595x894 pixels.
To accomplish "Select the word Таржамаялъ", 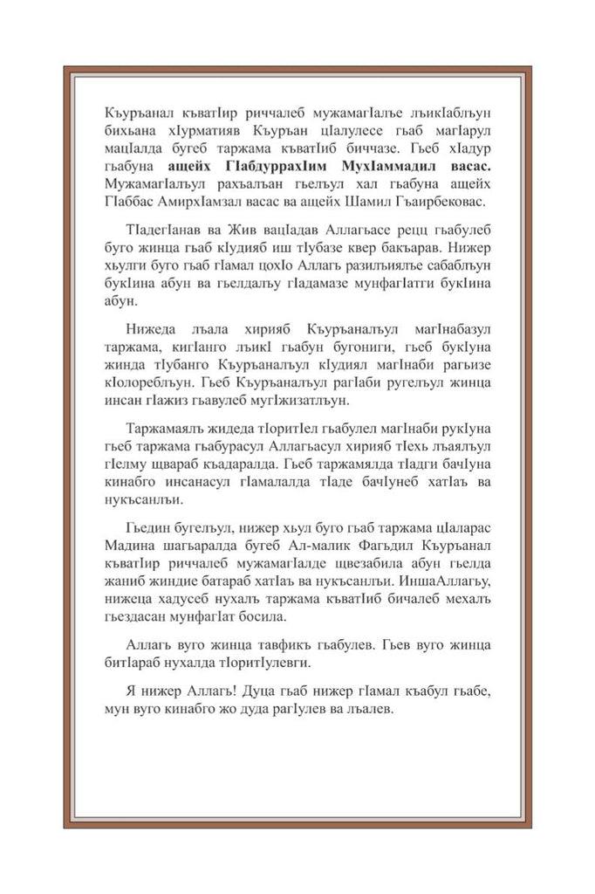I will tap(164, 431).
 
